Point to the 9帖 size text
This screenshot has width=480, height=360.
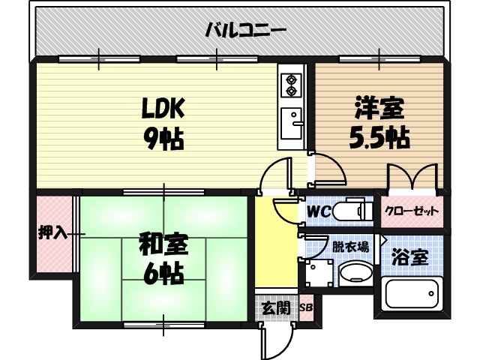tap(164, 139)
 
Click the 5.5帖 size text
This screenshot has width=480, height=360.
tap(379, 139)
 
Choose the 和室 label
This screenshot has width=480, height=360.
tap(163, 244)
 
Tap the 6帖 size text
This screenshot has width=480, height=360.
tap(163, 274)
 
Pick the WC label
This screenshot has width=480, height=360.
tap(318, 211)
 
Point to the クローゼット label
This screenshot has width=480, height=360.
tap(411, 211)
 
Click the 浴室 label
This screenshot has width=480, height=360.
tap(411, 257)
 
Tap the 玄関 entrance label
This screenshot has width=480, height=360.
tap(271, 307)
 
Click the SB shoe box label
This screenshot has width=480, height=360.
tap(306, 307)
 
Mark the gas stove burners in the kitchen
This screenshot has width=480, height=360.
tap(289, 85)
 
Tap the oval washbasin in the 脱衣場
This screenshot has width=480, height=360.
tap(355, 274)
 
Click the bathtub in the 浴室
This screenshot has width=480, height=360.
tap(412, 298)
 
